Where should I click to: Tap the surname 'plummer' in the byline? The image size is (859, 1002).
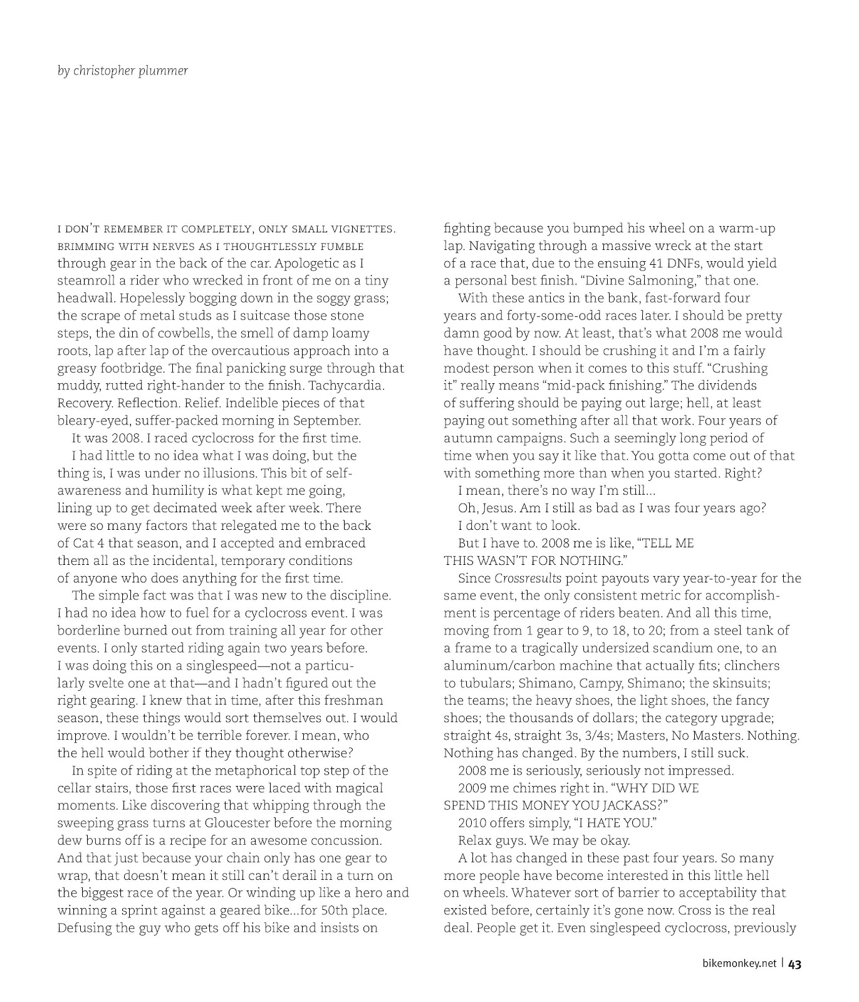(x=167, y=71)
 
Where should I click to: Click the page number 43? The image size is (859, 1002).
(x=794, y=964)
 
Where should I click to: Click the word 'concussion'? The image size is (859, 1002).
(x=348, y=840)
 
